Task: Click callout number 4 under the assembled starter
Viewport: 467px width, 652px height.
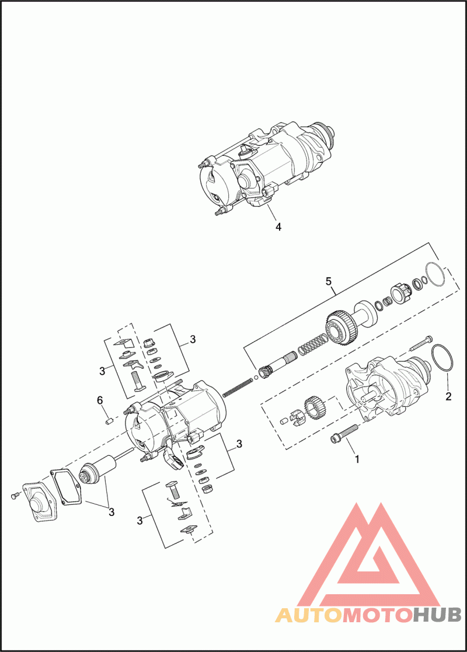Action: pos(278,226)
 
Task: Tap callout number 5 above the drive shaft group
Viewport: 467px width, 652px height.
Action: pos(329,281)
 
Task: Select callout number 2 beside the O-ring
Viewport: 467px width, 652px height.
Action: pos(448,396)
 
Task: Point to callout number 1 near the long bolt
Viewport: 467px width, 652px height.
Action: pos(357,459)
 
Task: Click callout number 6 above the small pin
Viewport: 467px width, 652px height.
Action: pos(100,400)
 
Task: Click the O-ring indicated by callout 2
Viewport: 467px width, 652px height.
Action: pos(442,358)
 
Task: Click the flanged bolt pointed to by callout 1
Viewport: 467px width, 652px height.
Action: pos(343,433)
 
